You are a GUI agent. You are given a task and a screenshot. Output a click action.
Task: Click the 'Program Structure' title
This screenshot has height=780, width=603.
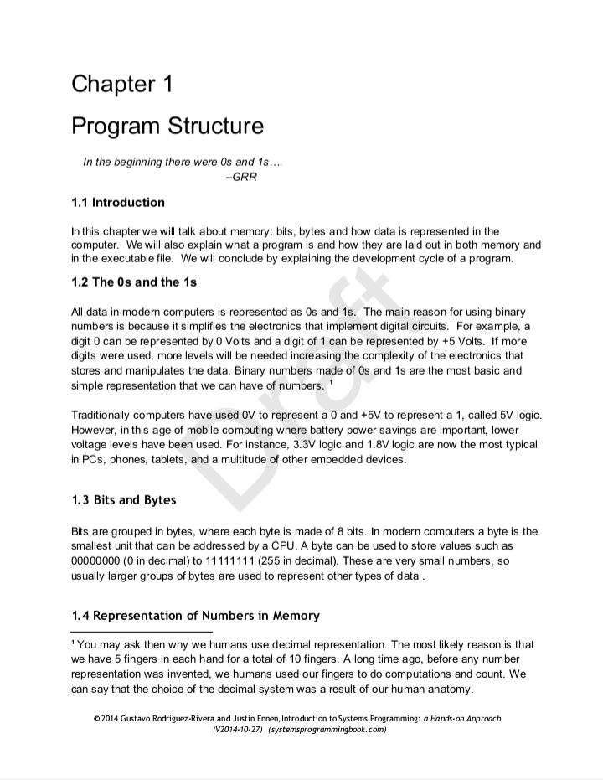coord(167,127)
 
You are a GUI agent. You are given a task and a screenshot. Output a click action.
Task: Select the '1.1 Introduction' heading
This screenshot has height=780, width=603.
coord(118,203)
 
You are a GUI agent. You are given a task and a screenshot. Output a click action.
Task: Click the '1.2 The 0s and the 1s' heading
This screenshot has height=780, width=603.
coord(134,282)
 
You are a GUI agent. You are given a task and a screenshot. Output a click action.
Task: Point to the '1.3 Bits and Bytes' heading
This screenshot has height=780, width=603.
coord(124,501)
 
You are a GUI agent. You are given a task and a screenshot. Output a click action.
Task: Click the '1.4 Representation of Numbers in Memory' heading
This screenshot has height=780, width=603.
coord(196,616)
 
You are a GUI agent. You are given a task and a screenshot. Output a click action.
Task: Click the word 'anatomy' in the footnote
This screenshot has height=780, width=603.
coord(449,690)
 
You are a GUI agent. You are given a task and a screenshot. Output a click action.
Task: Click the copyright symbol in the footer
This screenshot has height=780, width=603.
coord(97,719)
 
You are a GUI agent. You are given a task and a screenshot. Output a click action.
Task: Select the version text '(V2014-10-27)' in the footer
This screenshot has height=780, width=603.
coord(239,730)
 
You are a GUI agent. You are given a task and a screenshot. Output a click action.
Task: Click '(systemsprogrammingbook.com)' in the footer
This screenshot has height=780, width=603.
coord(327,730)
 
